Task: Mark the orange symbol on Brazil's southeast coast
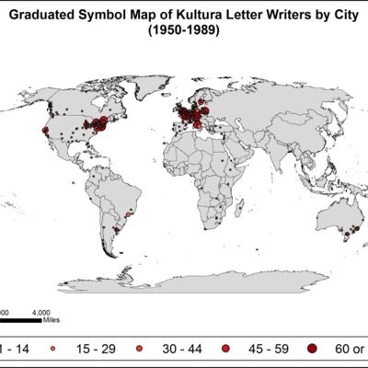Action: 129,221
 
